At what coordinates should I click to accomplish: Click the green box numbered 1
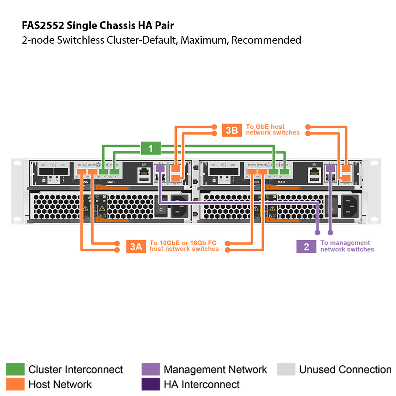[150, 149]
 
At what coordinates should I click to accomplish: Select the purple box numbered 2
[306, 246]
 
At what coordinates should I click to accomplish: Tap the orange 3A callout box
[136, 246]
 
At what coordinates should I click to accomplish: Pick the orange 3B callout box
[232, 130]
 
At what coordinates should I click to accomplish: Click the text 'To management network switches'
[347, 246]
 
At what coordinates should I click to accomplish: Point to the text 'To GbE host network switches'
[272, 129]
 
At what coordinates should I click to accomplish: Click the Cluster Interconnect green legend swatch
[15, 369]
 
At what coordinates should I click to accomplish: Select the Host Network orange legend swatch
[15, 384]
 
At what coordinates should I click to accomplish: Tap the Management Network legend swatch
[151, 369]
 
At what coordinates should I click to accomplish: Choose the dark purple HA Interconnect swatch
[151, 384]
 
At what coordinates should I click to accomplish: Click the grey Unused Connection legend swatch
[286, 369]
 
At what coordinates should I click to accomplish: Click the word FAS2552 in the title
[43, 26]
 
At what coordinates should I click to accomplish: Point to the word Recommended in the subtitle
[266, 40]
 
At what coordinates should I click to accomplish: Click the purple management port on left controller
[160, 169]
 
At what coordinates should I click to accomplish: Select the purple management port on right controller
[330, 169]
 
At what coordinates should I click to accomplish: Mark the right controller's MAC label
[281, 182]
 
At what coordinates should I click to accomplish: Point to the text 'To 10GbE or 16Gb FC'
[183, 243]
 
